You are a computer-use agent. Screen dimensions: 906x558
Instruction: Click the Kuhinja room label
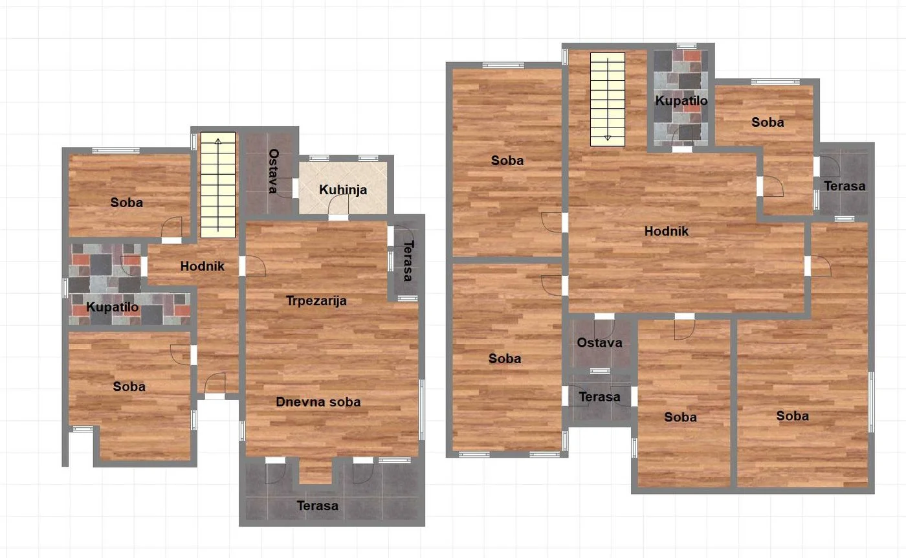(x=343, y=190)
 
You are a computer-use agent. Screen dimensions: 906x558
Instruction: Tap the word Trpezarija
(x=316, y=301)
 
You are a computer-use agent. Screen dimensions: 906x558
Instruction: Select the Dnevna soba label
(x=318, y=402)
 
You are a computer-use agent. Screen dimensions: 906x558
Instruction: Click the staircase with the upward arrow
(x=218, y=185)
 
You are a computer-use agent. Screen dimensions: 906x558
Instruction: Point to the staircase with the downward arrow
(x=608, y=100)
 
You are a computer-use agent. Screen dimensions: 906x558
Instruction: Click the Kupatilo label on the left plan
(x=113, y=307)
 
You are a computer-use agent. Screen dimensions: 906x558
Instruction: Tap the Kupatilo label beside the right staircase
(x=681, y=101)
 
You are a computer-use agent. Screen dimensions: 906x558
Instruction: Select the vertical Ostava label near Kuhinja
(x=274, y=171)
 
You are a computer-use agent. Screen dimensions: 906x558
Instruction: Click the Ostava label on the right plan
(x=599, y=342)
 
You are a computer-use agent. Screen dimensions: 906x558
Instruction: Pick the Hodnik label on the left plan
(x=202, y=266)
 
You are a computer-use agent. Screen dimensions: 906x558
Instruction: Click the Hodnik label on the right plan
(x=666, y=231)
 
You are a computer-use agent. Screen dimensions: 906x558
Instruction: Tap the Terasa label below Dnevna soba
(x=318, y=506)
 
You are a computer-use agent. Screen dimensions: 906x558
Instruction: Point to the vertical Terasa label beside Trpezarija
(x=408, y=261)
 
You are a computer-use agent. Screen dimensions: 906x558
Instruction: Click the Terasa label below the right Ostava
(x=599, y=397)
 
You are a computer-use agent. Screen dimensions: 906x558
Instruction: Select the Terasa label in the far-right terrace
(x=845, y=186)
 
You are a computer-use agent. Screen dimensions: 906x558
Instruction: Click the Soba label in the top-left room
(x=127, y=203)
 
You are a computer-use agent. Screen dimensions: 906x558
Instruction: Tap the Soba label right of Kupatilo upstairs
(x=768, y=122)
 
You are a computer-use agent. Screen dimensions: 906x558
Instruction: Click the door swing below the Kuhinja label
(x=338, y=205)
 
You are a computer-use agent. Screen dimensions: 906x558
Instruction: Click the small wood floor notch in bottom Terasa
(x=316, y=471)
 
